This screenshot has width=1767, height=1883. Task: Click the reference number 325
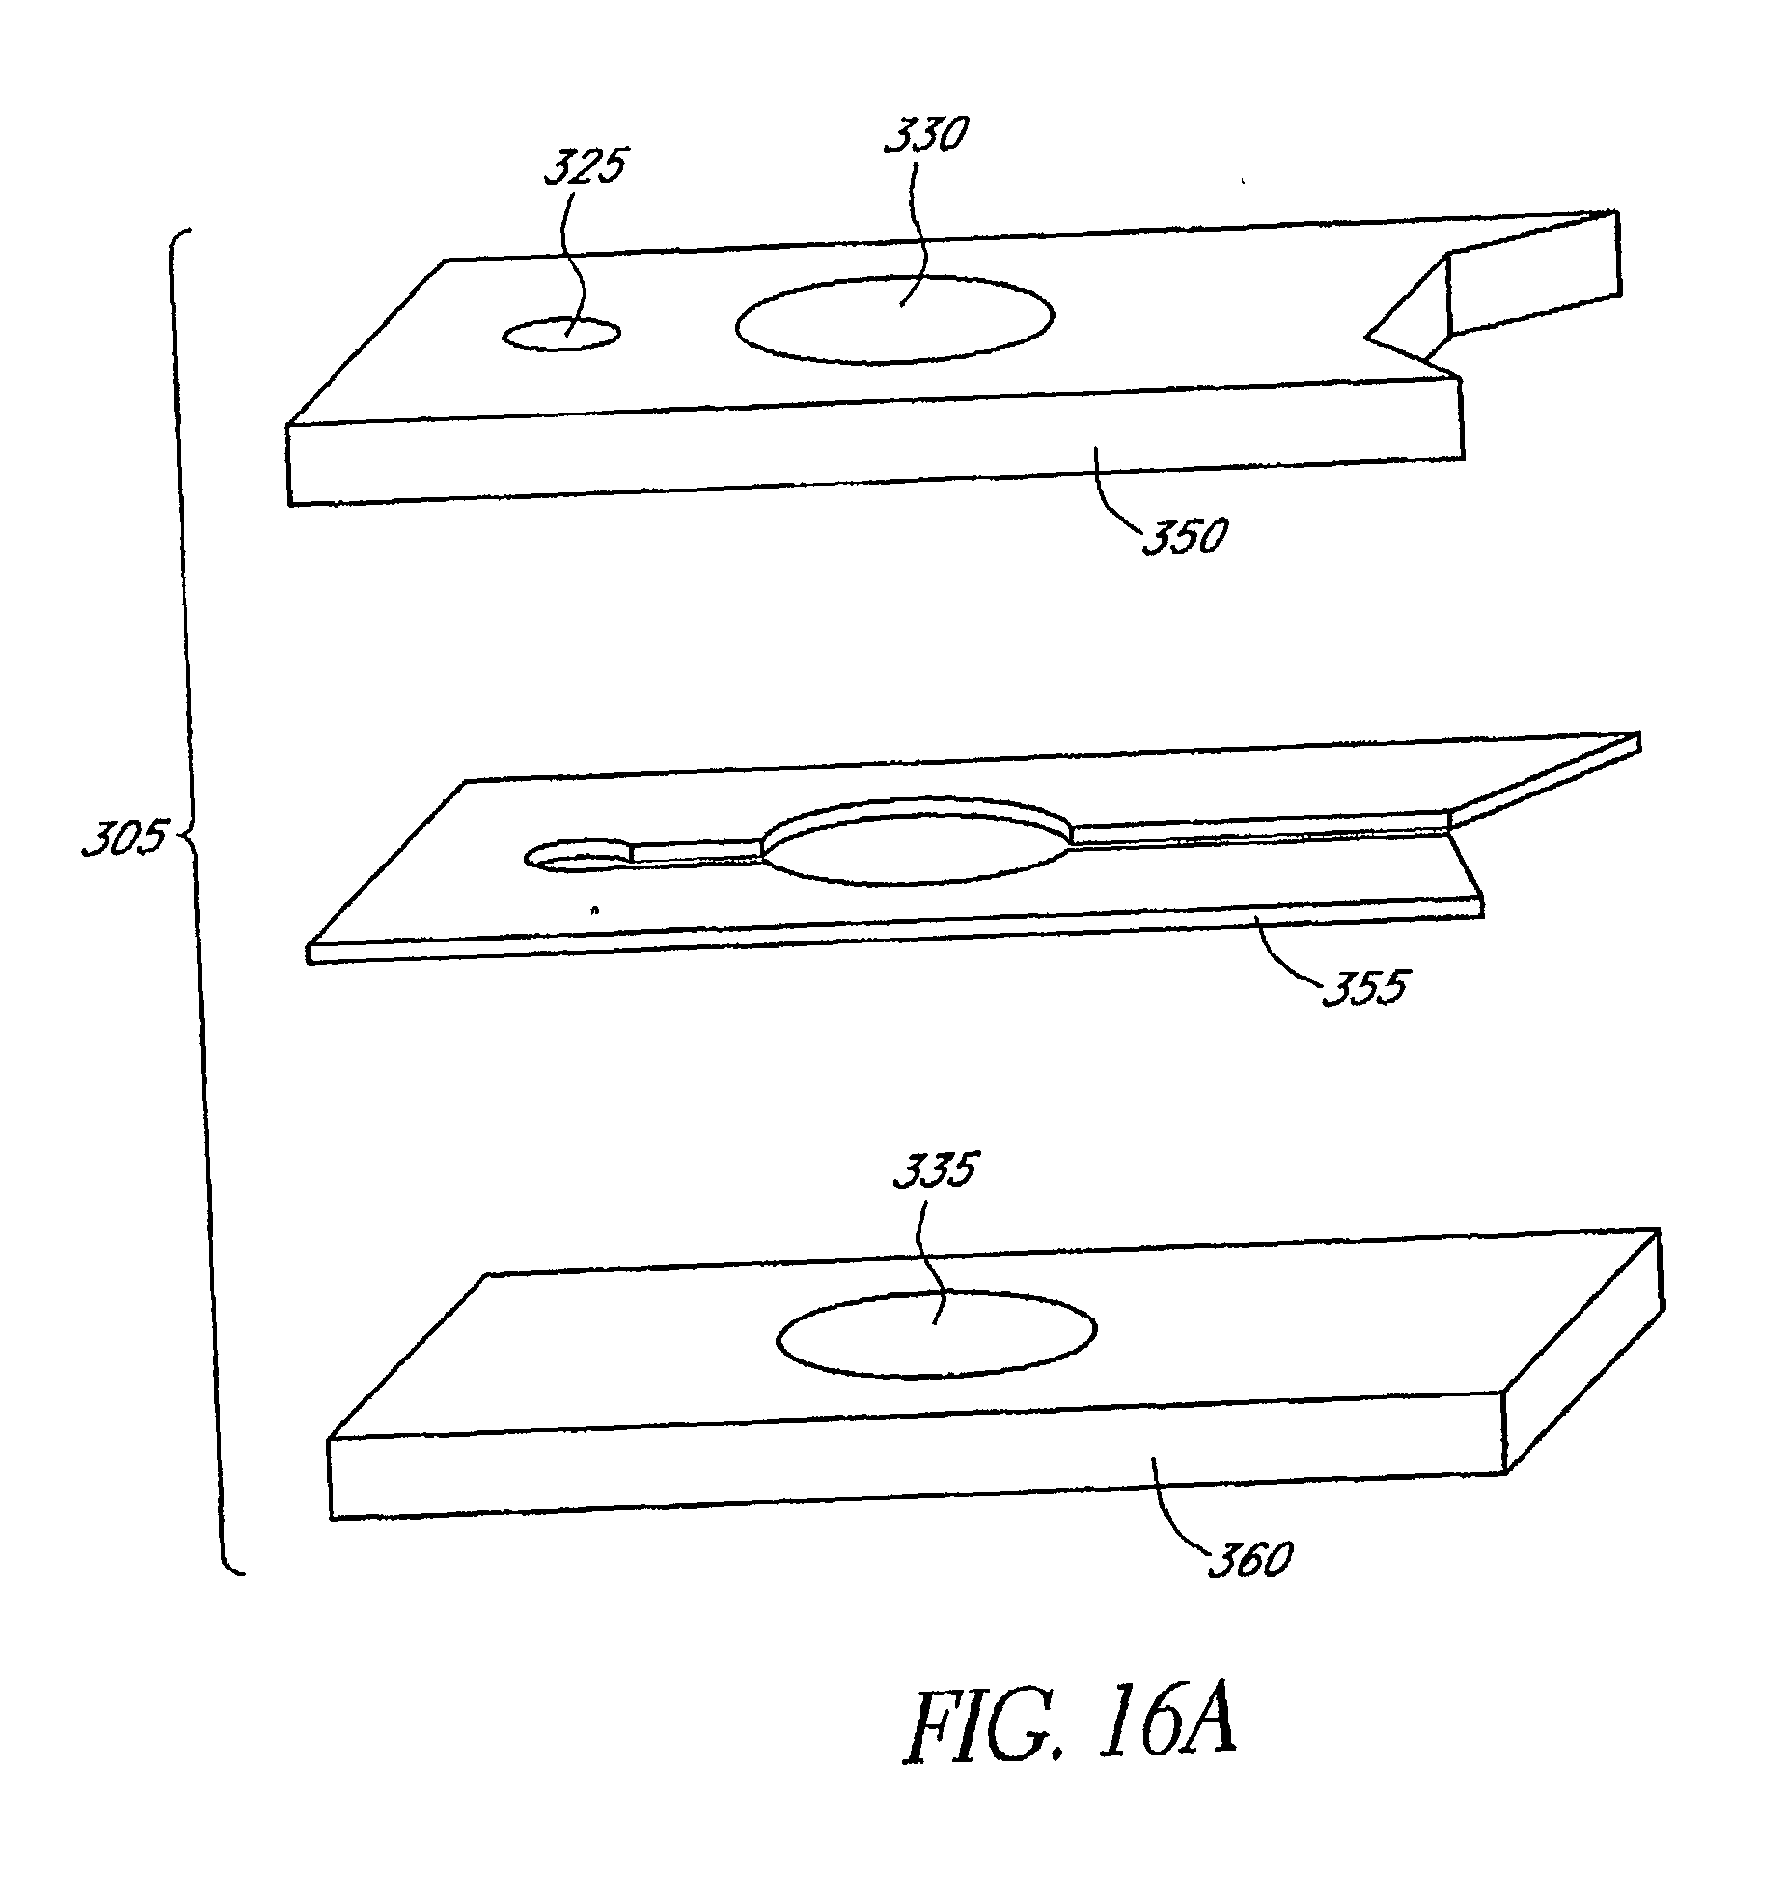click(x=585, y=167)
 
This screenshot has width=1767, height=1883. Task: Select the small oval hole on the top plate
click(x=561, y=336)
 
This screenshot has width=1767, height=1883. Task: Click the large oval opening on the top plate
click(x=894, y=320)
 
